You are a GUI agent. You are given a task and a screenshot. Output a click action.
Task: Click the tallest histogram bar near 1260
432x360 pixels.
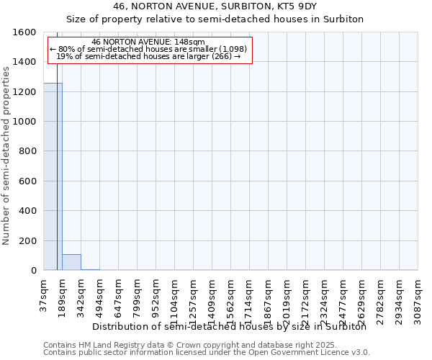click(53, 176)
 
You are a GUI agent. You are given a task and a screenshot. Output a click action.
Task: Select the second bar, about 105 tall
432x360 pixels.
click(71, 262)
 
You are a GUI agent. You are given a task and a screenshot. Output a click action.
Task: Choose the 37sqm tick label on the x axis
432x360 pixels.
click(44, 295)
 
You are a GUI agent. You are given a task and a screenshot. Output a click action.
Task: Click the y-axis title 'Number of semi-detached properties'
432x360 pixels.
click(6, 153)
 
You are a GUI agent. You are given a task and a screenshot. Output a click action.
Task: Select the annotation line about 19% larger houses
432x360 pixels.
click(148, 56)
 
